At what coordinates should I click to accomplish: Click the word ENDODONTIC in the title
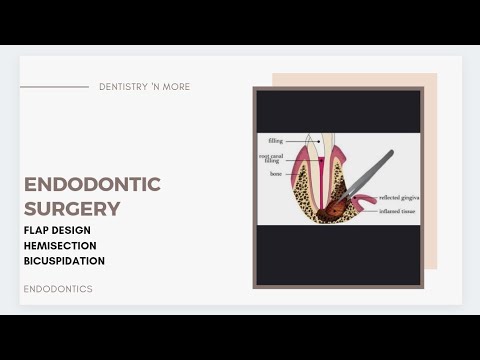point(92,184)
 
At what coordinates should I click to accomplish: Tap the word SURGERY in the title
point(72,209)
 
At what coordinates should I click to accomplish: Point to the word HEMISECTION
point(61,245)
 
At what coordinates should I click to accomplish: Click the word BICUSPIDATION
point(64,261)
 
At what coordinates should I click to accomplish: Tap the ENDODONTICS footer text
point(58,289)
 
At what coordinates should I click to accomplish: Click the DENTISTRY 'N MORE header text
point(144,87)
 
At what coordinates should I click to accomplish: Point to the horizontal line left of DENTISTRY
point(54,87)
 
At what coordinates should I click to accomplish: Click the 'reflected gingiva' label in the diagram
point(398,198)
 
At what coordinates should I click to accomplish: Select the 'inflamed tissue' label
point(397,211)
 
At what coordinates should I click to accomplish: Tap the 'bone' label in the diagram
point(275,173)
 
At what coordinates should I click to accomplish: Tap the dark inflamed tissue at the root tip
point(330,209)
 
